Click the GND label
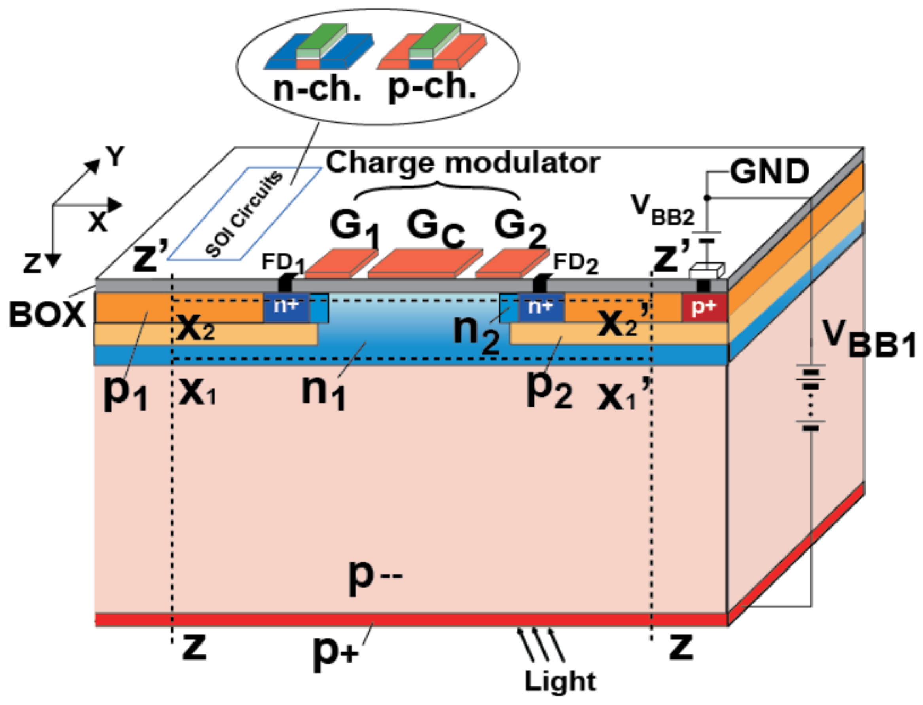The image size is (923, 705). [x=769, y=172]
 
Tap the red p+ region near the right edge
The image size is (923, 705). [x=704, y=308]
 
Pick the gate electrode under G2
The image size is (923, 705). [x=512, y=263]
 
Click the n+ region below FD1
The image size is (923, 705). [x=286, y=307]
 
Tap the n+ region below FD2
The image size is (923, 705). [x=541, y=308]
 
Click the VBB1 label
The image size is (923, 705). [x=868, y=342]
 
